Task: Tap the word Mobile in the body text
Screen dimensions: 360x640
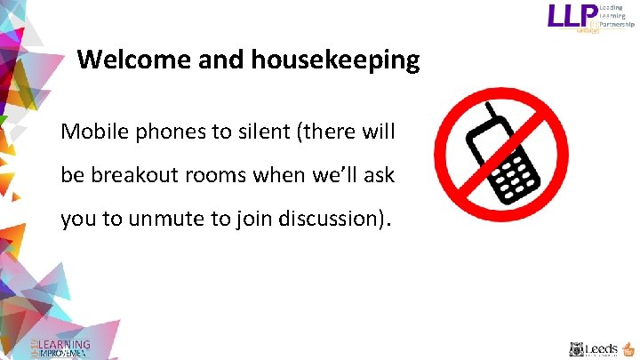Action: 90,132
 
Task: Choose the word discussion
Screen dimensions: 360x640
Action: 334,219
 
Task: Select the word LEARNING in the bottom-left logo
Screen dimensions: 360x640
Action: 65,345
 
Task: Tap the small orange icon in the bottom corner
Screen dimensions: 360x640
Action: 628,348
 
